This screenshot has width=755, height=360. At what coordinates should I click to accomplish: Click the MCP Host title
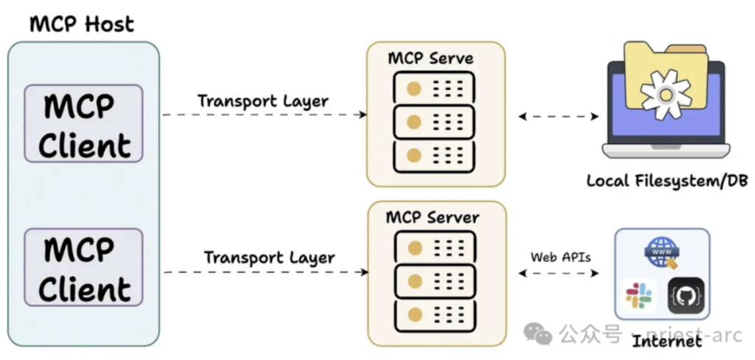82,24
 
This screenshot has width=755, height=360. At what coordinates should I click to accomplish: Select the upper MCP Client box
83,124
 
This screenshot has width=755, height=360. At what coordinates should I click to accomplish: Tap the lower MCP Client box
83,267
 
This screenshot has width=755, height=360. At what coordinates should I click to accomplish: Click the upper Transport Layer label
263,101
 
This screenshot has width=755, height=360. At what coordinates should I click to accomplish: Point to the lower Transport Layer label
269,258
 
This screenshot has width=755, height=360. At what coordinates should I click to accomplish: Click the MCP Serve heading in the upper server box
431,58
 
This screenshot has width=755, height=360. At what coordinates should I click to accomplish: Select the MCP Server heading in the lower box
433,218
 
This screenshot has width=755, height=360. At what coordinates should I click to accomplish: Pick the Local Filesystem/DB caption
664,181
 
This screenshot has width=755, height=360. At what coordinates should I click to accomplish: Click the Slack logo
639,295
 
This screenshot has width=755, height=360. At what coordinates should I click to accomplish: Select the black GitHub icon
686,295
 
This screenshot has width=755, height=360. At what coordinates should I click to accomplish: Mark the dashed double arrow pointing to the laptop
559,116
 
